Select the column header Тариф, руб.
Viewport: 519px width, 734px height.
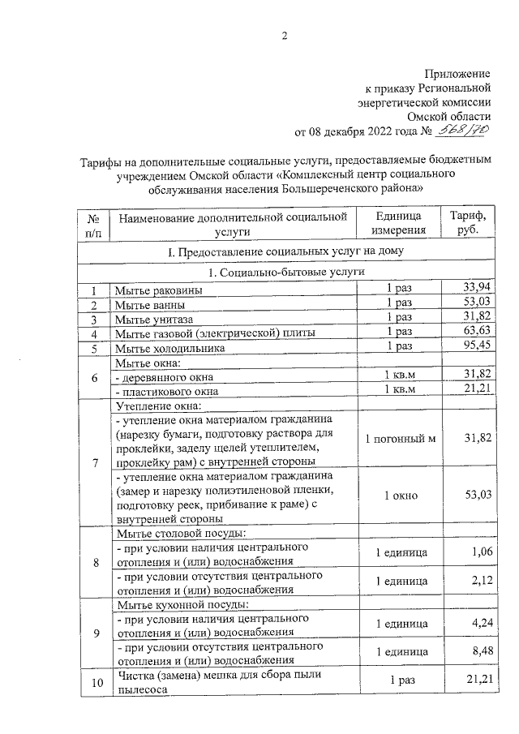467,223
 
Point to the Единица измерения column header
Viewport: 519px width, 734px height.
400,223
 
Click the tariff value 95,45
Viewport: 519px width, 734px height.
476,346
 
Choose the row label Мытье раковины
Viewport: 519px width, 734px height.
159,290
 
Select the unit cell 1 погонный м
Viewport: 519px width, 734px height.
400,439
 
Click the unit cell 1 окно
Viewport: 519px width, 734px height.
400,496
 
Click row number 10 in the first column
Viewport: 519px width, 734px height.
96,682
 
